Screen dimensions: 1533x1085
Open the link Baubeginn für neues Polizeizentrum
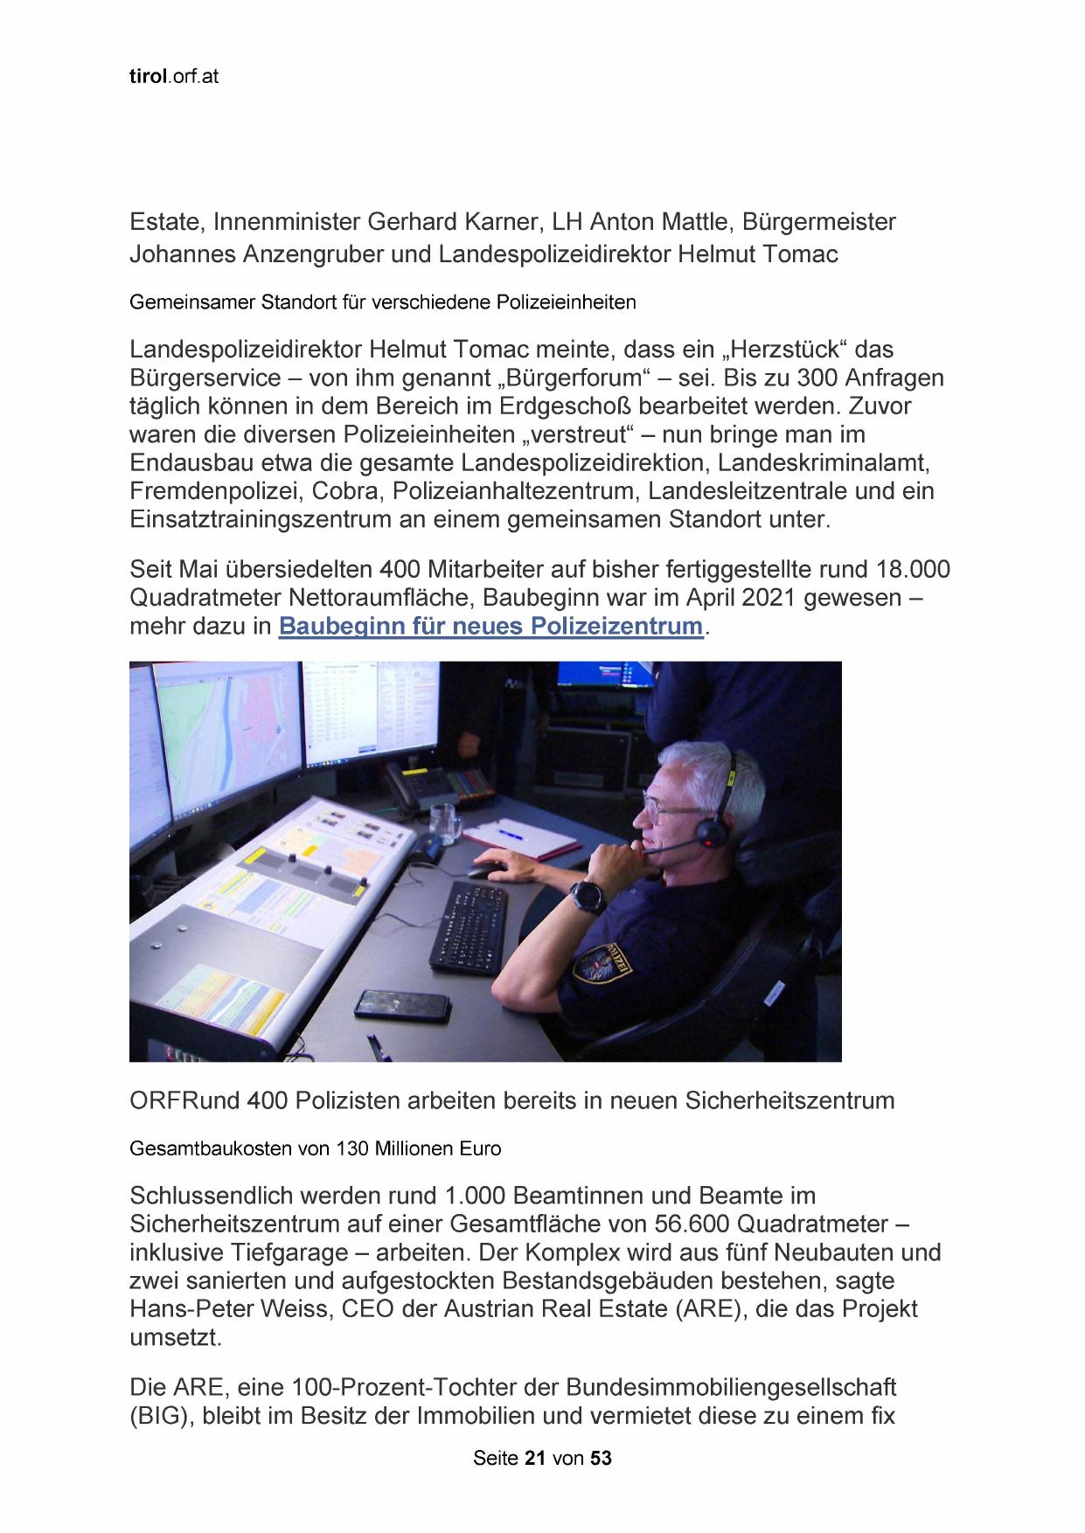pyautogui.click(x=490, y=626)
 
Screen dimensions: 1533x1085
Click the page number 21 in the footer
pyautogui.click(x=535, y=1458)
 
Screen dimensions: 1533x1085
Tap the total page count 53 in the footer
pyautogui.click(x=601, y=1458)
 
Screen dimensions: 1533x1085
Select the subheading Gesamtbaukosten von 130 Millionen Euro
pyautogui.click(x=315, y=1148)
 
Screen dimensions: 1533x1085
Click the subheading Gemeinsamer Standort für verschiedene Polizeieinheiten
pyautogui.click(x=382, y=302)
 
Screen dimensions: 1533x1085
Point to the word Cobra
pyautogui.click(x=344, y=490)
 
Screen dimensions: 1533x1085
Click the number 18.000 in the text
pyautogui.click(x=912, y=570)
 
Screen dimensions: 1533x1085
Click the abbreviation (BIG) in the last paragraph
pyautogui.click(x=161, y=1416)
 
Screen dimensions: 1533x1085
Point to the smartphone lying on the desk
pyautogui.click(x=402, y=1004)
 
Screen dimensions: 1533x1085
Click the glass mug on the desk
pyautogui.click(x=443, y=823)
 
